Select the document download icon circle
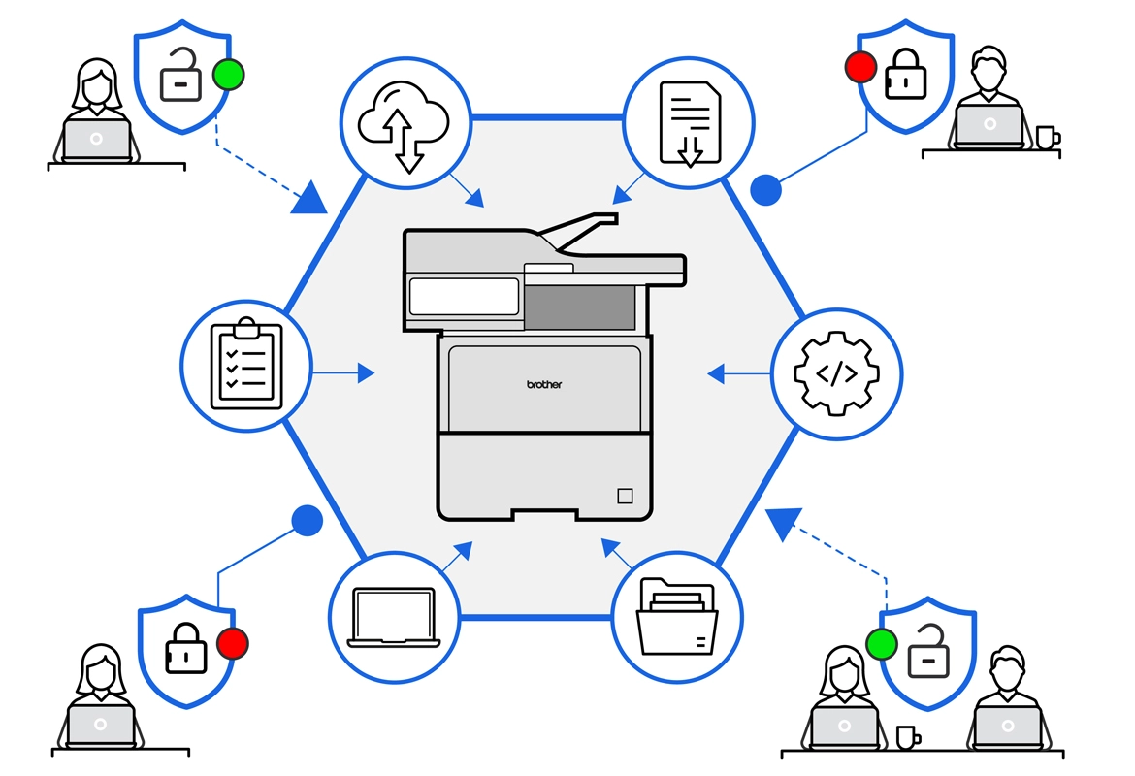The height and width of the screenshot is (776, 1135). click(x=689, y=122)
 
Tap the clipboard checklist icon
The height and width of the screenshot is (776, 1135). click(x=246, y=365)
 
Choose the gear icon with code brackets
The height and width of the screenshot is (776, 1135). click(x=836, y=373)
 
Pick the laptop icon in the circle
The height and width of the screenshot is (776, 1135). click(x=394, y=617)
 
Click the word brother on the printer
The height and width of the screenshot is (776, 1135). click(x=544, y=384)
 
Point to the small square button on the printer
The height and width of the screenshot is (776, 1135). click(x=624, y=496)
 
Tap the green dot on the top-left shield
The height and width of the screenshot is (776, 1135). click(x=228, y=75)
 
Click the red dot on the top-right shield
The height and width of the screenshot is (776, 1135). click(x=860, y=67)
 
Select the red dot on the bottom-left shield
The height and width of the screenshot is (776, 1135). click(x=233, y=642)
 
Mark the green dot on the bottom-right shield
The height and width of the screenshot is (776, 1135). click(x=881, y=643)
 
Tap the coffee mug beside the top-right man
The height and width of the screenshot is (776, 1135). click(x=1045, y=137)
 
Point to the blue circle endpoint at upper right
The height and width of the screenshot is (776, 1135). click(x=766, y=190)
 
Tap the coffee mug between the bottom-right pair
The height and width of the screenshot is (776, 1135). click(x=907, y=737)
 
